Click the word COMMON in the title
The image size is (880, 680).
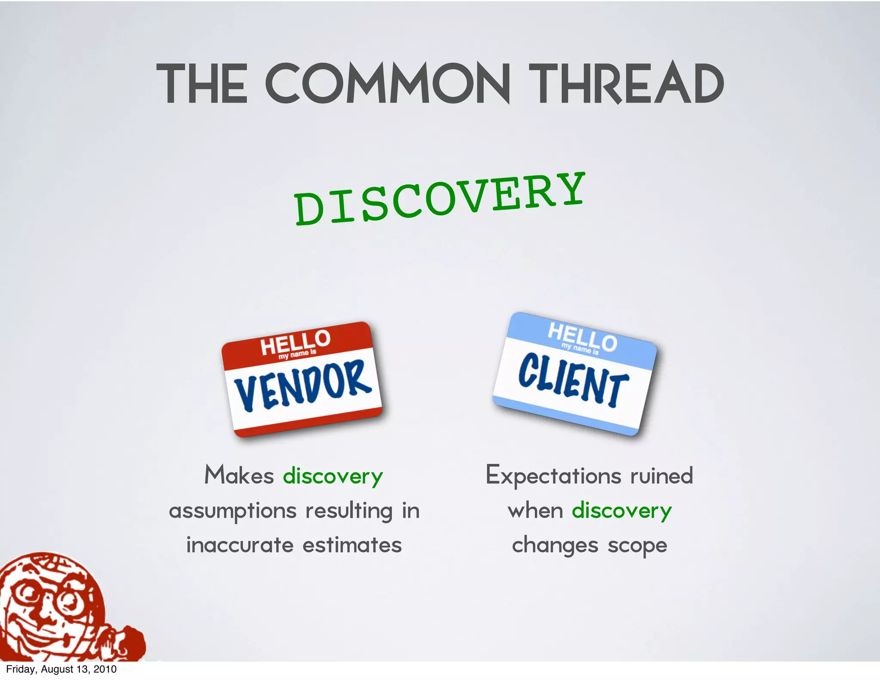click(388, 84)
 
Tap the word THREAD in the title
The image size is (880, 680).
click(626, 84)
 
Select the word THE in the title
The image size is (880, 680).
click(202, 84)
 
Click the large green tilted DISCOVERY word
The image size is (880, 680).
click(440, 199)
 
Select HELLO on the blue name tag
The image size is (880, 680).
click(582, 337)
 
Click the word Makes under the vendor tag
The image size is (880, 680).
click(239, 475)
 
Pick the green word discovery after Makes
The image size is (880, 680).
click(333, 476)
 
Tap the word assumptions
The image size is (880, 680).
click(232, 512)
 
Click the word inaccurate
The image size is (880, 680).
click(240, 545)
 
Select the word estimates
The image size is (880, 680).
click(352, 545)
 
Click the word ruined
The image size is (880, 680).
click(661, 475)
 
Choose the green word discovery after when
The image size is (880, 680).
click(621, 511)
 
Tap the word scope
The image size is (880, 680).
click(637, 546)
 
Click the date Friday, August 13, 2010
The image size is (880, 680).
click(61, 669)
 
